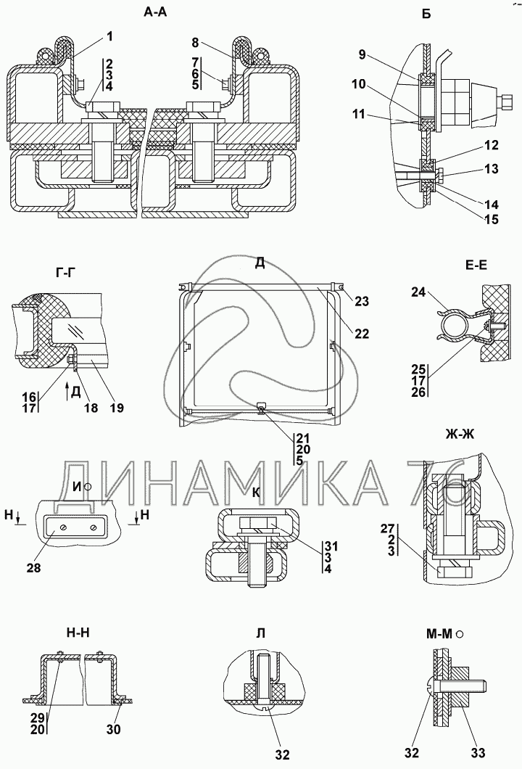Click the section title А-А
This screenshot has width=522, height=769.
pyautogui.click(x=155, y=12)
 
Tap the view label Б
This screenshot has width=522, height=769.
pyautogui.click(x=426, y=14)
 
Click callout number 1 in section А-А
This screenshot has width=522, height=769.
pyautogui.click(x=109, y=36)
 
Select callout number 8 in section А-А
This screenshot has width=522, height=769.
pyautogui.click(x=195, y=43)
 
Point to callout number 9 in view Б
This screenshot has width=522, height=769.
pyautogui.click(x=362, y=54)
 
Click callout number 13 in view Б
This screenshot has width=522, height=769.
pyautogui.click(x=491, y=169)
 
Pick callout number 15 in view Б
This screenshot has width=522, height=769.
pyautogui.click(x=491, y=219)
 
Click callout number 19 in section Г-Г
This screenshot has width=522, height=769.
pyautogui.click(x=117, y=408)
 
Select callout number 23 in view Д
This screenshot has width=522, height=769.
pyautogui.click(x=362, y=300)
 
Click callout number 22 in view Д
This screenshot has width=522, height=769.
pyautogui.click(x=362, y=334)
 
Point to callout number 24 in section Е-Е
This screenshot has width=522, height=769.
pyautogui.click(x=418, y=292)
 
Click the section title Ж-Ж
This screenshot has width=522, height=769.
pyautogui.click(x=460, y=434)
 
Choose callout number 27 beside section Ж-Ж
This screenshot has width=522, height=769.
pyautogui.click(x=388, y=528)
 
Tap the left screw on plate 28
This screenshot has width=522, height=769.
pyautogui.click(x=64, y=527)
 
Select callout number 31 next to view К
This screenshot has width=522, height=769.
pyautogui.click(x=331, y=546)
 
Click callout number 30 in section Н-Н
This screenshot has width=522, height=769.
pyautogui.click(x=113, y=729)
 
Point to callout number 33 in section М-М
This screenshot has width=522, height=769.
pyautogui.click(x=478, y=753)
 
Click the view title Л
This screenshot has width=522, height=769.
pyautogui.click(x=261, y=633)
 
